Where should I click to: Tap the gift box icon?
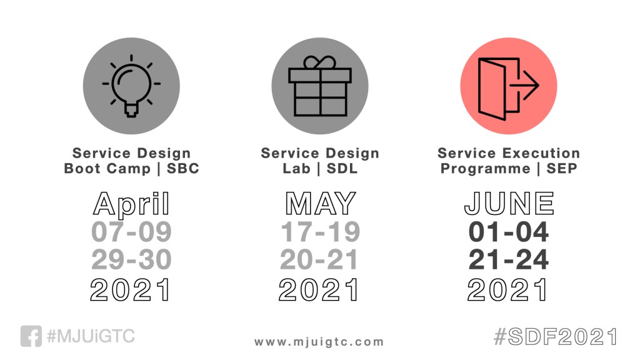[320, 86]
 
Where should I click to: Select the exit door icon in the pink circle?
[509, 89]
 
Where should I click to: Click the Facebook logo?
[31, 336]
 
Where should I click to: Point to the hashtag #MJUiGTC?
[91, 336]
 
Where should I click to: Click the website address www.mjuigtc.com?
[319, 342]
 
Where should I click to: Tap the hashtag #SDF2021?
[556, 337]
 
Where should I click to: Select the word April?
[131, 204]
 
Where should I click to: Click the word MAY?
[321, 203]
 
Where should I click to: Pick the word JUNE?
[509, 203]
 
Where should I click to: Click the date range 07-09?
[131, 232]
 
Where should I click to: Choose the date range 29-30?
[131, 259]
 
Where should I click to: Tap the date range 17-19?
[321, 232]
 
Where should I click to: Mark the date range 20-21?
[319, 259]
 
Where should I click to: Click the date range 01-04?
[509, 232]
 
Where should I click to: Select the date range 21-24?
[509, 259]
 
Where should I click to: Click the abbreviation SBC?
[183, 168]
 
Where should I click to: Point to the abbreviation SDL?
[342, 168]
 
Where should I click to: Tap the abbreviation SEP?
[562, 168]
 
